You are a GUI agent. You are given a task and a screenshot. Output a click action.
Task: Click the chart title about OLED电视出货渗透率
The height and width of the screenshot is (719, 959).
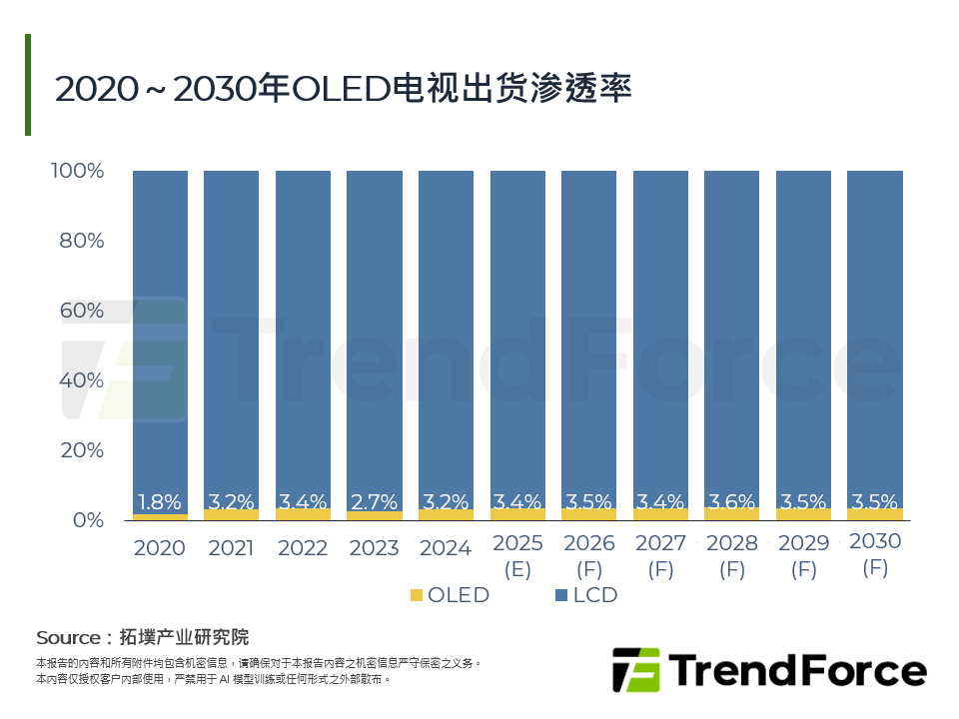[343, 89]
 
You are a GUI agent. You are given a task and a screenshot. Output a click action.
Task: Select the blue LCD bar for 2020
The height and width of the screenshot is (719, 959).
[160, 330]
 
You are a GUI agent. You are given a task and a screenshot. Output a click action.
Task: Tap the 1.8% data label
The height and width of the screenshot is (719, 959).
[160, 502]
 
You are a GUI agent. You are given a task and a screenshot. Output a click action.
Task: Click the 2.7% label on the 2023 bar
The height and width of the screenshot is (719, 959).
[375, 502]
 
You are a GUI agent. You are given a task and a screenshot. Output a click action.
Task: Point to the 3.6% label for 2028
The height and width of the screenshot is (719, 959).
[731, 502]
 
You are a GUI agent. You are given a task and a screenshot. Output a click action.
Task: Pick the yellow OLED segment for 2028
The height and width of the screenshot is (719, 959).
[731, 514]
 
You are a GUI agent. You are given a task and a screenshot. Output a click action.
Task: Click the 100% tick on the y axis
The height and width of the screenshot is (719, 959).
[77, 171]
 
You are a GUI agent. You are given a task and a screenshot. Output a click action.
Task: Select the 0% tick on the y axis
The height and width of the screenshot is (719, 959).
[88, 520]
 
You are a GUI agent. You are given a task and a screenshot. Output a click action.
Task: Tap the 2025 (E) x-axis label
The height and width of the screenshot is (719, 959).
[517, 556]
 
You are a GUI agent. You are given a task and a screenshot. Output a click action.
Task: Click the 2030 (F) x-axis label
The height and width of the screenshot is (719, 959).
[874, 554]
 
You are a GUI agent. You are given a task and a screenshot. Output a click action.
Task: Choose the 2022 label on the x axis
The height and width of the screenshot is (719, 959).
[303, 548]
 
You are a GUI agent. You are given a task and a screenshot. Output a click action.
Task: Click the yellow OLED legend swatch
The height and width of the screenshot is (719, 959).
[417, 596]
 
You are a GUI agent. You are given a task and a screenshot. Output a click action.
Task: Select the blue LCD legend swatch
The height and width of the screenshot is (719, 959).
[560, 596]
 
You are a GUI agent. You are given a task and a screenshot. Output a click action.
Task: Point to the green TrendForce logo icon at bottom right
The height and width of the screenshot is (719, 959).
[635, 670]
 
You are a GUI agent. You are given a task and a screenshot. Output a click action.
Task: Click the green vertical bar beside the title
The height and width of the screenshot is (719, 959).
[28, 85]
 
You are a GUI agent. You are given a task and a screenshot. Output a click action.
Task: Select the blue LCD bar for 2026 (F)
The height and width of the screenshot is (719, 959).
[588, 330]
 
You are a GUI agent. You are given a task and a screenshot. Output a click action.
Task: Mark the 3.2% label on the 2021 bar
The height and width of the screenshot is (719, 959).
[231, 502]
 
